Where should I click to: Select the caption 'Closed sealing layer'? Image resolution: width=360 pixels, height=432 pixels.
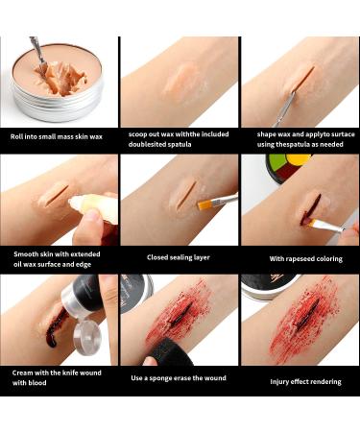(178, 257)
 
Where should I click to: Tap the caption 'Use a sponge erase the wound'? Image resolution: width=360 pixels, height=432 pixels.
(178, 377)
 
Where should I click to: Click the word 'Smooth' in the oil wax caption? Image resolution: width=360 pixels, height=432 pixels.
(28, 252)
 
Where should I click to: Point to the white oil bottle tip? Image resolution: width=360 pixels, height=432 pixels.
(82, 203)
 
